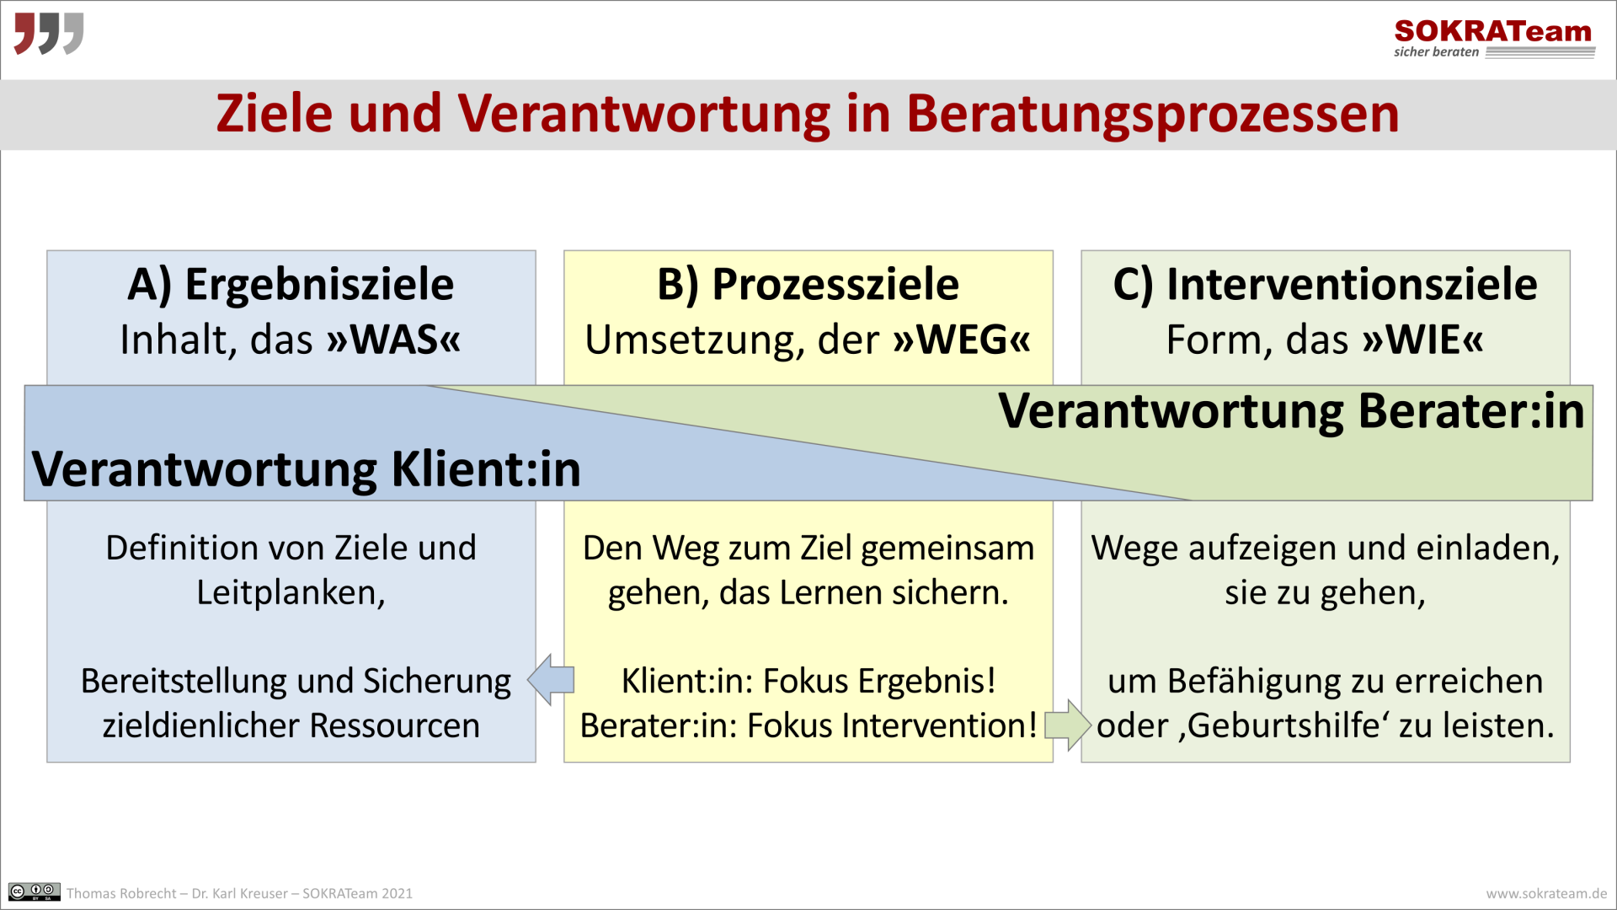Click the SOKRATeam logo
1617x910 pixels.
1493,38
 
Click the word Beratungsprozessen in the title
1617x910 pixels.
1152,114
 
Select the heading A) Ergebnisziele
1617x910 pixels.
291,284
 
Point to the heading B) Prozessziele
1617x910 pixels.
808,284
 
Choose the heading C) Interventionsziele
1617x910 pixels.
1325,284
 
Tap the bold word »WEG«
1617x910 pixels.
962,340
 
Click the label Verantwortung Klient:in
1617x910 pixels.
306,469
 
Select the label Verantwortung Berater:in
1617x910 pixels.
1291,411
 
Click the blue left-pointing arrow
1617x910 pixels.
552,679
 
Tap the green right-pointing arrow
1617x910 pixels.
1068,725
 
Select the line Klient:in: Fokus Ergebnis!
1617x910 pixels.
808,681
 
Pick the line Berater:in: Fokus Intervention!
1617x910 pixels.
808,725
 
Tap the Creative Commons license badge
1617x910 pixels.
35,891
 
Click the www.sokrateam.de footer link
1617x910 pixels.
1546,893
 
